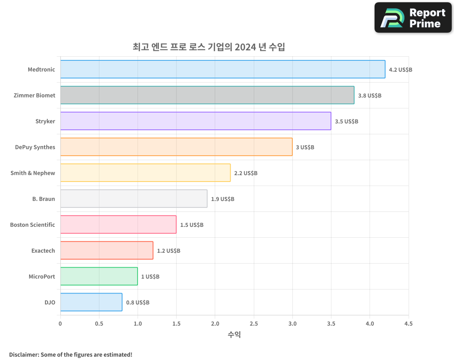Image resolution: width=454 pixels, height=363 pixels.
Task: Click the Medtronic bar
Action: pyautogui.click(x=222, y=69)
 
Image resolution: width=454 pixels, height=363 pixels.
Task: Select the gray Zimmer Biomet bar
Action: pyautogui.click(x=207, y=95)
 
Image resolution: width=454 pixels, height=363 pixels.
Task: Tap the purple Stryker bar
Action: pyautogui.click(x=196, y=121)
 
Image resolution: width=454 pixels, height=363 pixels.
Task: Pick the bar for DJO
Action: pyautogui.click(x=91, y=302)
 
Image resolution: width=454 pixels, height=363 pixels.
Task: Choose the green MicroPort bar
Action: pyautogui.click(x=99, y=276)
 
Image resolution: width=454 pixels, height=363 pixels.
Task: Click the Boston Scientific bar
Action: pyautogui.click(x=118, y=225)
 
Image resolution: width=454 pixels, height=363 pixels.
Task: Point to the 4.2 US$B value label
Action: pyautogui.click(x=400, y=70)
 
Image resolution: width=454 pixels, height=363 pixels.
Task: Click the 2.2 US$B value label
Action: pyautogui.click(x=246, y=173)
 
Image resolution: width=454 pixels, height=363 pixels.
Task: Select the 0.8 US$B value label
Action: pyautogui.click(x=138, y=303)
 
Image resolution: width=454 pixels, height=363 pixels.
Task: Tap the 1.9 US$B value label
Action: pyautogui.click(x=222, y=199)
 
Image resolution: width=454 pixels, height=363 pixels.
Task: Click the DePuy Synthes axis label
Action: pyautogui.click(x=35, y=147)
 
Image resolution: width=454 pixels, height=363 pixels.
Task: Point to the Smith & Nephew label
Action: pyautogui.click(x=33, y=173)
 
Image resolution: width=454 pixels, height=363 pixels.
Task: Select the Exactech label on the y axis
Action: pyautogui.click(x=43, y=250)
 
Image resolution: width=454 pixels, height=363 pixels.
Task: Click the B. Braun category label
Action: pyautogui.click(x=44, y=199)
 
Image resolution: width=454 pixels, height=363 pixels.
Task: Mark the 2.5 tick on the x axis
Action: pyautogui.click(x=254, y=324)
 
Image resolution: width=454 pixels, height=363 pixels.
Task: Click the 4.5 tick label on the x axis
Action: pyautogui.click(x=408, y=324)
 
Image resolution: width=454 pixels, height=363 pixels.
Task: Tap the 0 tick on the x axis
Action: pyautogui.click(x=60, y=324)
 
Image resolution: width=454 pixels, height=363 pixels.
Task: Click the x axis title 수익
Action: pyautogui.click(x=234, y=335)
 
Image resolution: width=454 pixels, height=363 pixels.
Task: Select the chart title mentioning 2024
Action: pyautogui.click(x=209, y=47)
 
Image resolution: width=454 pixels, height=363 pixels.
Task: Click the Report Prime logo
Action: pyautogui.click(x=413, y=18)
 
